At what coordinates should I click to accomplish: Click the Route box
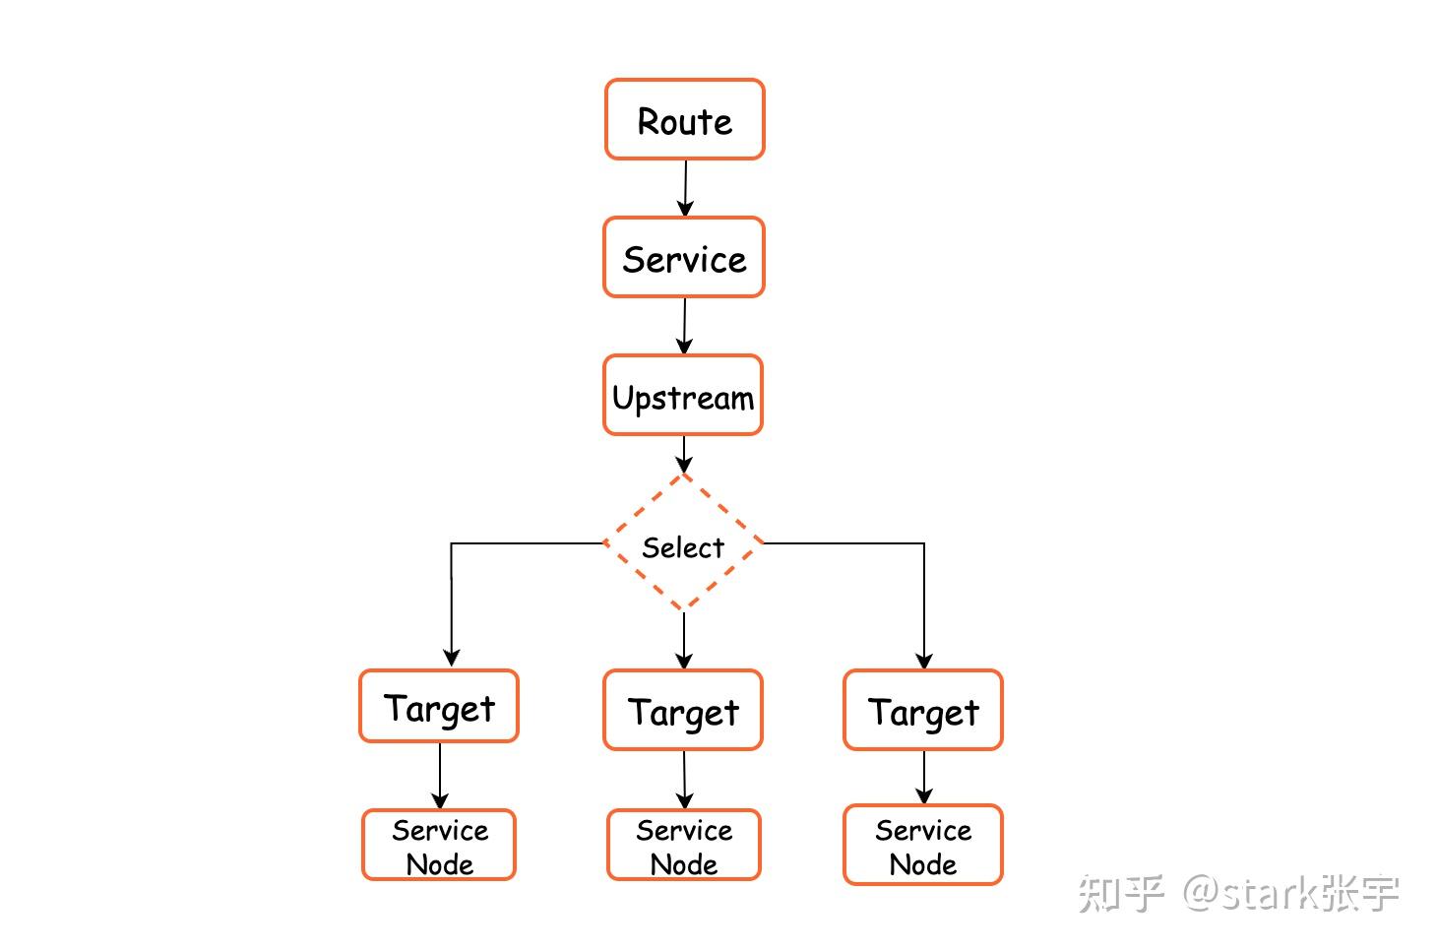pos(684,119)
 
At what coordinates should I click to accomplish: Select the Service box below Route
pos(684,257)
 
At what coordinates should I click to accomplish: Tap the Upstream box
pos(683,395)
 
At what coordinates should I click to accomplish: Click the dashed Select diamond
pos(683,544)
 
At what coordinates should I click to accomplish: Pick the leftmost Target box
pos(439,706)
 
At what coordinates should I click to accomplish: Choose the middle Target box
pos(683,710)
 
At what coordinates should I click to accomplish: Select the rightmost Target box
pos(923,710)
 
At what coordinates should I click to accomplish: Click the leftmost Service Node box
pos(439,845)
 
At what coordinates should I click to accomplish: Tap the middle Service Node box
pos(684,845)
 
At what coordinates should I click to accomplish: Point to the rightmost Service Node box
pos(923,845)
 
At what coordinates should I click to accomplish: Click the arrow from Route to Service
pos(685,187)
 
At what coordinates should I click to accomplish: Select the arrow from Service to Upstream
pos(684,325)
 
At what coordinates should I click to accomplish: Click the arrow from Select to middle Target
pos(684,640)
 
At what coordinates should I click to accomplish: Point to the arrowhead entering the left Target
pos(452,658)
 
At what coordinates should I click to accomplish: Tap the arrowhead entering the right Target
pos(924,660)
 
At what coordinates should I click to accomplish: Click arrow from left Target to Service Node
pos(440,776)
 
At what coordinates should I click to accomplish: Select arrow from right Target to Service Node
pos(924,777)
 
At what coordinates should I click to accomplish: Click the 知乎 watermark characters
pos(1121,893)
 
